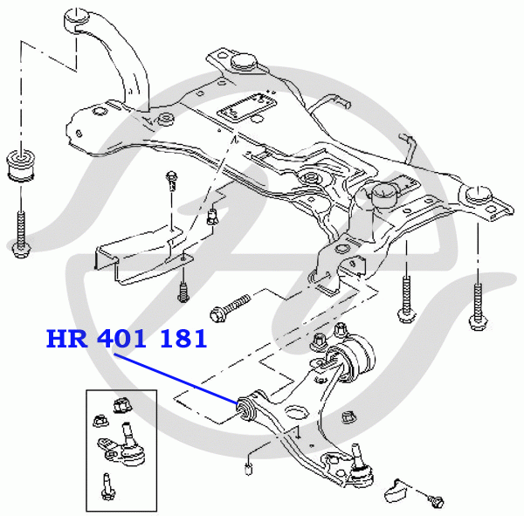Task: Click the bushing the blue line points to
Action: pos(245,408)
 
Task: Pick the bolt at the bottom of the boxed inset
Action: pos(107,485)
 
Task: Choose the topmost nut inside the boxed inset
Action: pos(121,405)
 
